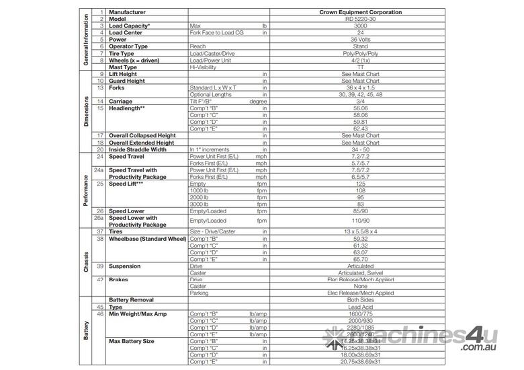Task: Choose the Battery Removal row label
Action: tap(132, 300)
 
